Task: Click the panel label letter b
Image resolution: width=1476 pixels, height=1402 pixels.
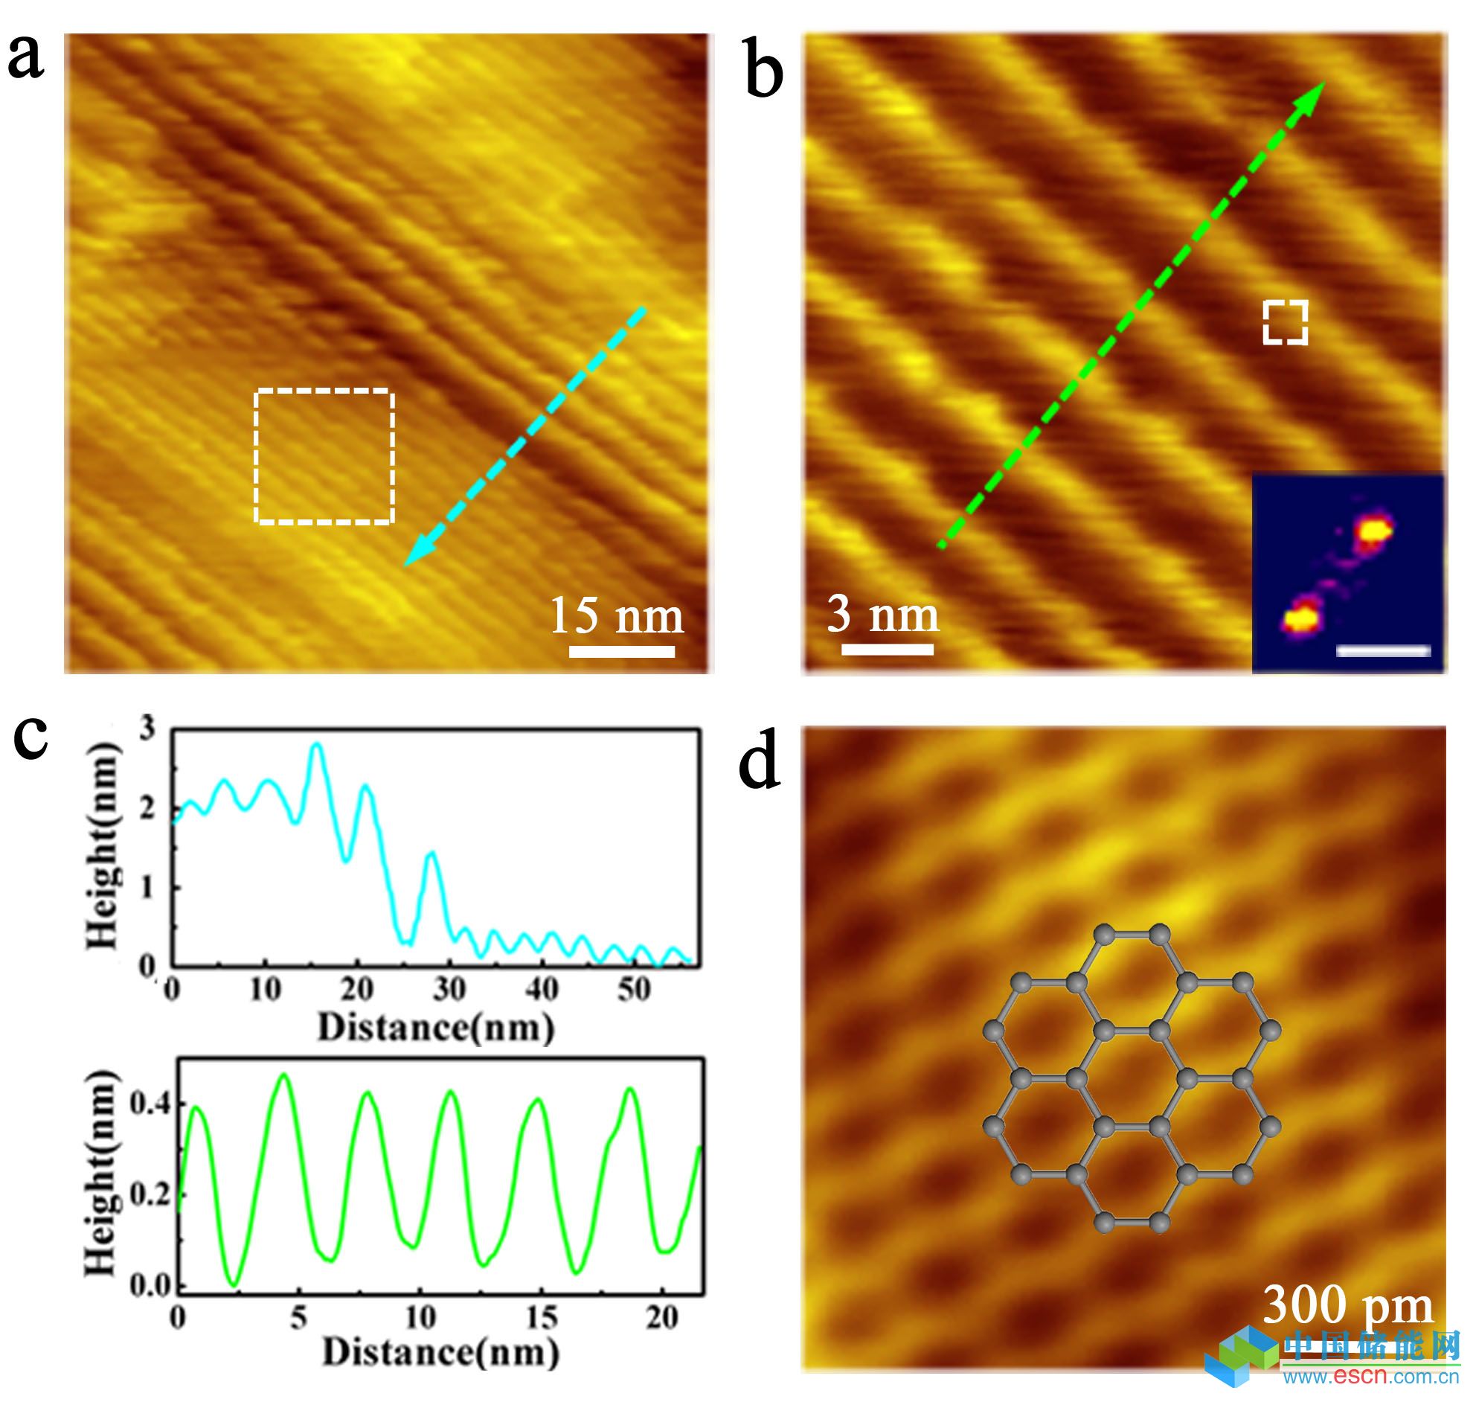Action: point(764,73)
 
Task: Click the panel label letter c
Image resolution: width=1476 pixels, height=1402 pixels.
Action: point(31,738)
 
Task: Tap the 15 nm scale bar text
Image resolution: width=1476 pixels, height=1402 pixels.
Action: point(616,618)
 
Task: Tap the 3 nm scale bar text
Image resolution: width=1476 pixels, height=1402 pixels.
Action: point(882,615)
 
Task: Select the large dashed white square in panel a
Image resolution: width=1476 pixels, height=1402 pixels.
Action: point(324,456)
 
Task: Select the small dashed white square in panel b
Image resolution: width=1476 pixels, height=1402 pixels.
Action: point(1285,323)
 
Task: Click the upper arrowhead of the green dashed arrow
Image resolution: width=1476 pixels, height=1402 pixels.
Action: point(1313,93)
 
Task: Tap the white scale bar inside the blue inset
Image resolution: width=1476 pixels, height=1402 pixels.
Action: point(1383,651)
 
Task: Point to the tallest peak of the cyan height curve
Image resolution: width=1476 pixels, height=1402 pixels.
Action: point(317,745)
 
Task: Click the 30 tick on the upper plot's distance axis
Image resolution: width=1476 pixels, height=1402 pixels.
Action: point(449,989)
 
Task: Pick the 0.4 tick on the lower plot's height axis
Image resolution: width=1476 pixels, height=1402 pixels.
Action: point(150,1103)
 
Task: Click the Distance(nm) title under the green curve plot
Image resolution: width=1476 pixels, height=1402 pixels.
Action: point(440,1353)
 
